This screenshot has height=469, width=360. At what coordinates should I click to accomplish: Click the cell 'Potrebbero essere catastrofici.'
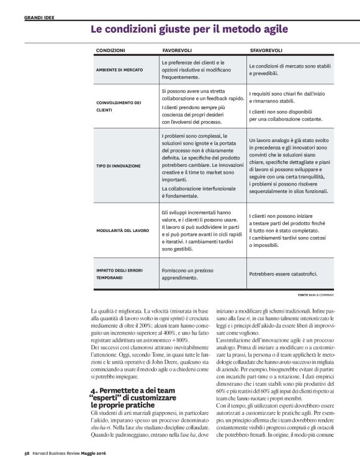[284, 274]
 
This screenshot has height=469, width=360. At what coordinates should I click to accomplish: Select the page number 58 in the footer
[27, 460]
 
